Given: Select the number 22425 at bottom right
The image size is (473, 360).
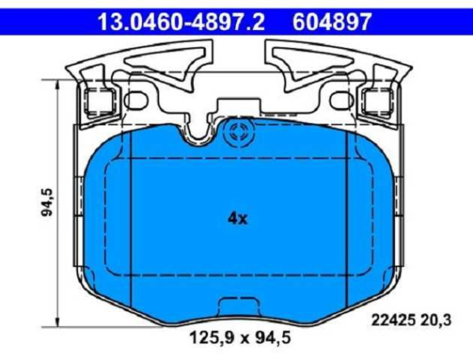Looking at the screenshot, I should pos(389,320).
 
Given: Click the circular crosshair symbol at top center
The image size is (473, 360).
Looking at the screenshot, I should pos(236,135).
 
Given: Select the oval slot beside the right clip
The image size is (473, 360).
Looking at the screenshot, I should pos(337,100).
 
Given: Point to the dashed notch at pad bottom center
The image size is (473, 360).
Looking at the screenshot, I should pos(237,306).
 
